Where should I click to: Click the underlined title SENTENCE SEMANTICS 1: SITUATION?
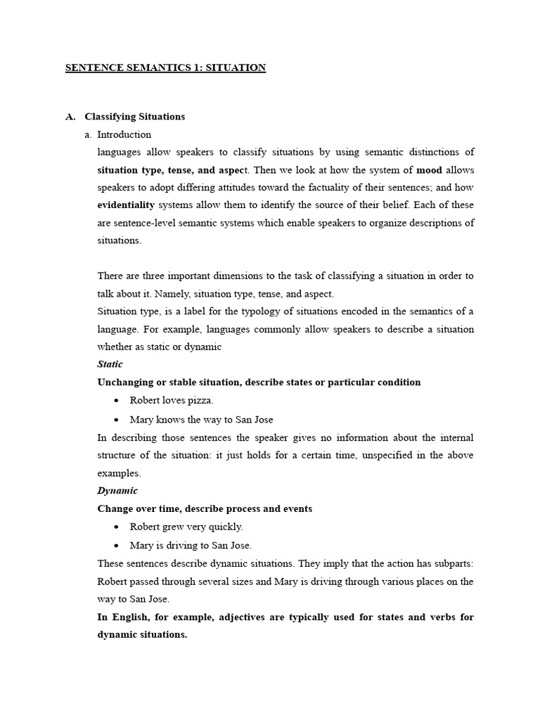[165, 68]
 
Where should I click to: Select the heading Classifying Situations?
[134, 117]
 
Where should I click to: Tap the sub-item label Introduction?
[124, 134]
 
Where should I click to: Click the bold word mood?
[429, 170]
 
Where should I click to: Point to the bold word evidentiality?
[126, 205]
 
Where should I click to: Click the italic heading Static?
[110, 364]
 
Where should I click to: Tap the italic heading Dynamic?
[117, 491]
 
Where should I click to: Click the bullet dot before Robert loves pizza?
[116, 401]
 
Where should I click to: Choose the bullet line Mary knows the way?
[201, 420]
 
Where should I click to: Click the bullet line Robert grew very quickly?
[186, 527]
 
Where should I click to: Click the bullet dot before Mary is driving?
[116, 546]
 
